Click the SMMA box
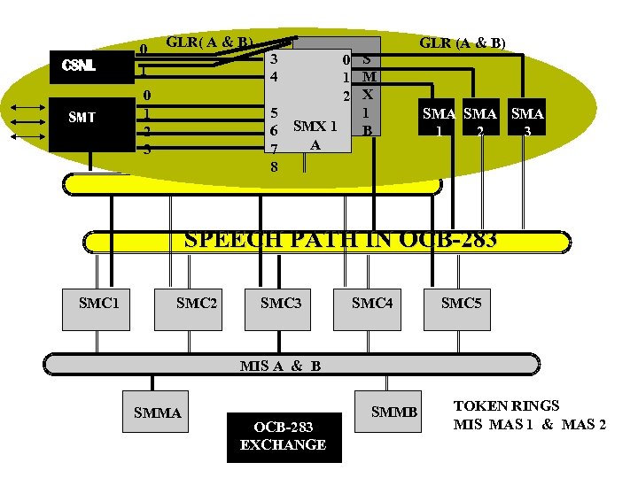click(x=157, y=413)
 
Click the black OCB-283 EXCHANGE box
click(x=283, y=436)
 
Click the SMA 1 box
click(x=439, y=121)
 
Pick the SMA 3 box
click(x=527, y=121)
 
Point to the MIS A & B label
click(x=280, y=366)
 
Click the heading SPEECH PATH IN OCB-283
click(x=339, y=239)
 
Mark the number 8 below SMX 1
click(x=275, y=166)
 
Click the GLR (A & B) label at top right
click(x=463, y=42)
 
